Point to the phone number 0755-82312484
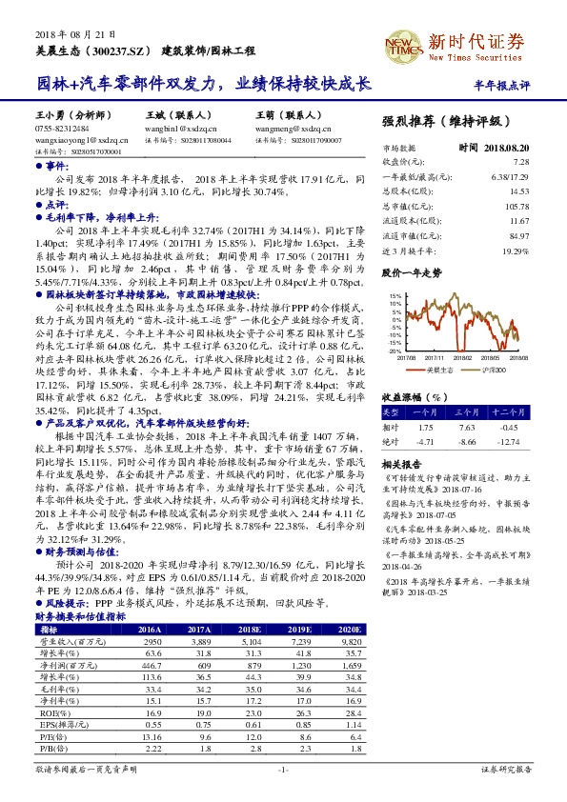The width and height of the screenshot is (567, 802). [x=62, y=128]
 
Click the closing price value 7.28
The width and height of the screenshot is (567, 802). [x=520, y=163]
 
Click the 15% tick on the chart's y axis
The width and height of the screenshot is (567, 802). [x=394, y=297]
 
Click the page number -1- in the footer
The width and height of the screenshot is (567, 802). [x=282, y=769]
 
